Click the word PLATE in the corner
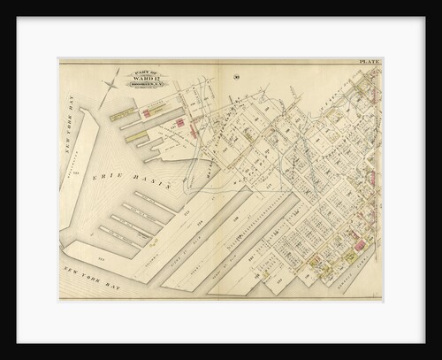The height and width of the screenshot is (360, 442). click(370, 62)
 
